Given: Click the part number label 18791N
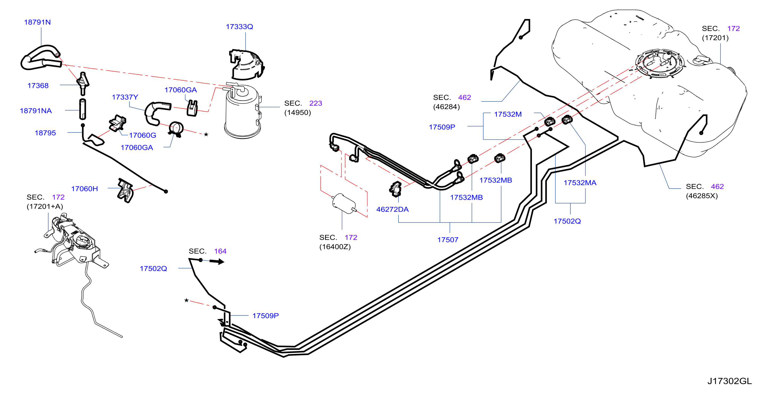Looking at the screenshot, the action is (x=37, y=22).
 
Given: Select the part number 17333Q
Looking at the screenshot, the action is (x=239, y=27).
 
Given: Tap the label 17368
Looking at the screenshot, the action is (x=38, y=86).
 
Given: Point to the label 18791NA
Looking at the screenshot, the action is (x=36, y=111).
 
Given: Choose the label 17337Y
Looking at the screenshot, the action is (x=125, y=97).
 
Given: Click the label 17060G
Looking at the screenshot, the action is (x=142, y=136).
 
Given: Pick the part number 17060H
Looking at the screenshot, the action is (x=84, y=189).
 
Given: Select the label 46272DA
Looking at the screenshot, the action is (x=392, y=210).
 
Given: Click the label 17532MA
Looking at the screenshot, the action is (x=580, y=183).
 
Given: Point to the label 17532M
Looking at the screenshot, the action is (x=508, y=115).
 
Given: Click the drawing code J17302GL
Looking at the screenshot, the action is (x=729, y=381).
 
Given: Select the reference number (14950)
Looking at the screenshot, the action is (x=298, y=113).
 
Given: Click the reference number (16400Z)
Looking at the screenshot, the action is (x=335, y=247).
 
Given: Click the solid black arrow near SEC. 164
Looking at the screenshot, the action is (x=217, y=262).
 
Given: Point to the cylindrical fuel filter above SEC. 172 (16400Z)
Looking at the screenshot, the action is (x=344, y=203).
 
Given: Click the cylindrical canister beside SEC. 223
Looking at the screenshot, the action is (x=243, y=111).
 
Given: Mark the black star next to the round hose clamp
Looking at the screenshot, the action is (x=206, y=134).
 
